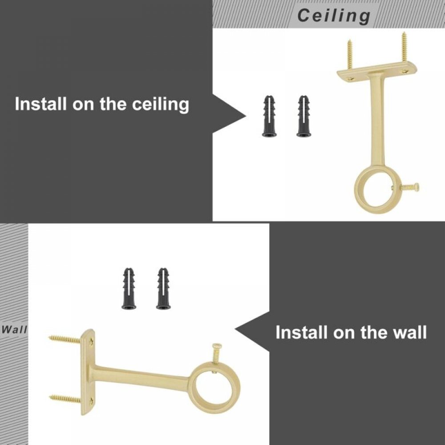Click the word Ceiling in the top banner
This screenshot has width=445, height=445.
coord(334,16)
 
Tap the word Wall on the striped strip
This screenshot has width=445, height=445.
coord(14,330)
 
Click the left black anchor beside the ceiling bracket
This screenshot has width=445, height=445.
coord(269,116)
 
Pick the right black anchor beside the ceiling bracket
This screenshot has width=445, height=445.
coord(304,116)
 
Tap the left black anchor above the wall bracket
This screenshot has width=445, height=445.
coord(129,289)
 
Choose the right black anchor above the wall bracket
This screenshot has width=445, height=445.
coord(163,289)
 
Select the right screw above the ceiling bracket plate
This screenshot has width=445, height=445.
coord(405,46)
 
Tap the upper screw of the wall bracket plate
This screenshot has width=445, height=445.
coord(65,339)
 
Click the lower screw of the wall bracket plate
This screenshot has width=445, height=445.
coord(65,398)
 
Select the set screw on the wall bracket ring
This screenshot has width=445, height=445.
coord(216,354)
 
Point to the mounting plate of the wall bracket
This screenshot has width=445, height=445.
coord(87,372)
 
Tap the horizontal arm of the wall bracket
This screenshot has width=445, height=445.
coord(142,376)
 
